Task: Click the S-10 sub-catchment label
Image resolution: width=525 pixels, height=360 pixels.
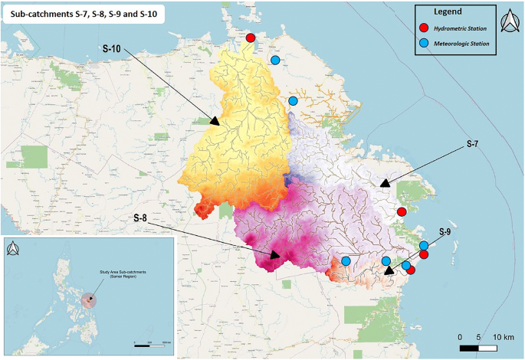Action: pyautogui.click(x=113, y=47)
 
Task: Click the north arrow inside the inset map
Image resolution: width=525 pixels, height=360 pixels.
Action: pyautogui.click(x=14, y=250)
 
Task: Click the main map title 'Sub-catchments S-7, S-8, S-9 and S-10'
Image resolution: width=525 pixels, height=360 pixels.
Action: pyautogui.click(x=84, y=17)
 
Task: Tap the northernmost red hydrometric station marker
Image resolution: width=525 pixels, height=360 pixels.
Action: pyautogui.click(x=250, y=38)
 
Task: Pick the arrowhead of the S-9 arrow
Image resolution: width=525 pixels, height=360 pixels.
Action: pyautogui.click(x=389, y=270)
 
